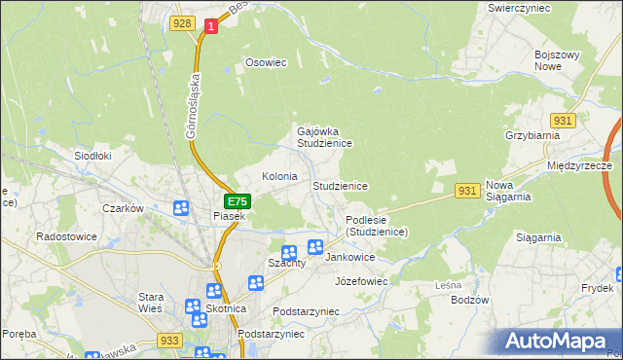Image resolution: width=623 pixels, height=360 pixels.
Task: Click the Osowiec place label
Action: tap(266, 62)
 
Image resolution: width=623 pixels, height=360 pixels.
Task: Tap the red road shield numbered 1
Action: tap(210, 28)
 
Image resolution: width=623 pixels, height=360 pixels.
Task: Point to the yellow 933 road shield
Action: tap(169, 341)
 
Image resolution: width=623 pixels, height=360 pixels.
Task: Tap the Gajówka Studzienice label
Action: tap(324, 136)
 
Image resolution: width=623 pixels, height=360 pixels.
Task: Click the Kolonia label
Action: tap(279, 177)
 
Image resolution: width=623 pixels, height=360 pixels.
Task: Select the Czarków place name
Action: tap(123, 208)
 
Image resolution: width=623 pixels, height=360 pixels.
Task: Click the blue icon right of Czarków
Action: tap(181, 208)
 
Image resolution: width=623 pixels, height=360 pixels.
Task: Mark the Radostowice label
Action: tap(63, 236)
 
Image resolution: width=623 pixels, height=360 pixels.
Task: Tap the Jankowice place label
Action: tap(349, 258)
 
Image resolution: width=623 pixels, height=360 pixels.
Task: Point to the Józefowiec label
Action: tap(361, 281)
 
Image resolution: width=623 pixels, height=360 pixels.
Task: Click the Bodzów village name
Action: tap(469, 300)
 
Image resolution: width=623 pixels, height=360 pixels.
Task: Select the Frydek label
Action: tap(597, 289)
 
